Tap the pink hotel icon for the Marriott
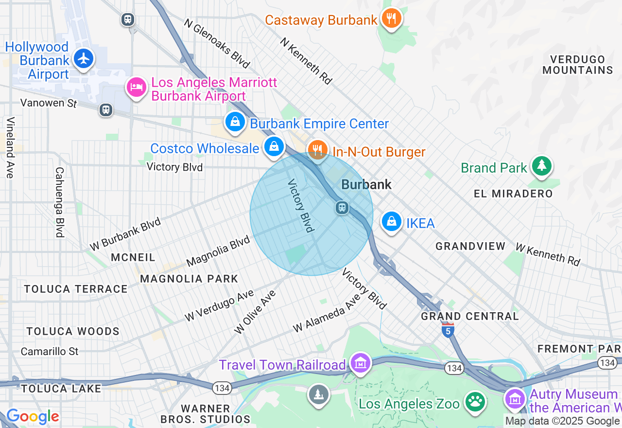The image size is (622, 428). (x=137, y=87)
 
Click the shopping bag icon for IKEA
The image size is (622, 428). (x=391, y=221)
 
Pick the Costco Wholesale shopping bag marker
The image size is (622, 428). (x=274, y=145)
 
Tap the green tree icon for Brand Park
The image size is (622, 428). (x=541, y=166)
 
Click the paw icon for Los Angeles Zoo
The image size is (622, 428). (x=475, y=402)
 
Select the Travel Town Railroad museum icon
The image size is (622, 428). (x=361, y=363)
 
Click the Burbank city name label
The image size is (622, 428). (x=366, y=185)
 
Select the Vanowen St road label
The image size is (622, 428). (x=49, y=103)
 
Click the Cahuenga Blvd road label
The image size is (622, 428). (x=60, y=202)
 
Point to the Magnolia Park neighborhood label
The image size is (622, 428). (x=189, y=279)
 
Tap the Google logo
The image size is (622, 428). (x=33, y=417)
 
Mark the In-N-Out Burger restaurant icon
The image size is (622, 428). (x=317, y=149)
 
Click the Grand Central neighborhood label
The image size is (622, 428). (x=470, y=316)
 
